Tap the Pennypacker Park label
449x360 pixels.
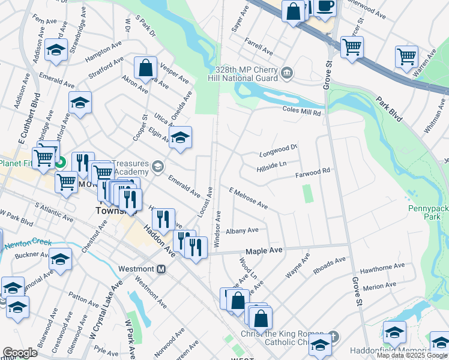[x=429, y=211]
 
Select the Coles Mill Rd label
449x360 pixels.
[x=302, y=112]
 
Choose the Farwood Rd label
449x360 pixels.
[x=313, y=175]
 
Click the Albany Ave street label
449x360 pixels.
[x=242, y=230]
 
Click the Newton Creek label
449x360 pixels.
[x=23, y=245]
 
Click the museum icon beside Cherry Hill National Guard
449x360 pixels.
[x=287, y=73]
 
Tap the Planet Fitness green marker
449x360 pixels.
[x=60, y=162]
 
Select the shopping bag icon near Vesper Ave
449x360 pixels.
[x=146, y=68]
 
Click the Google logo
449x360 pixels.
[x=20, y=353]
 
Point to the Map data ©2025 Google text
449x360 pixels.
[x=412, y=355]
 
